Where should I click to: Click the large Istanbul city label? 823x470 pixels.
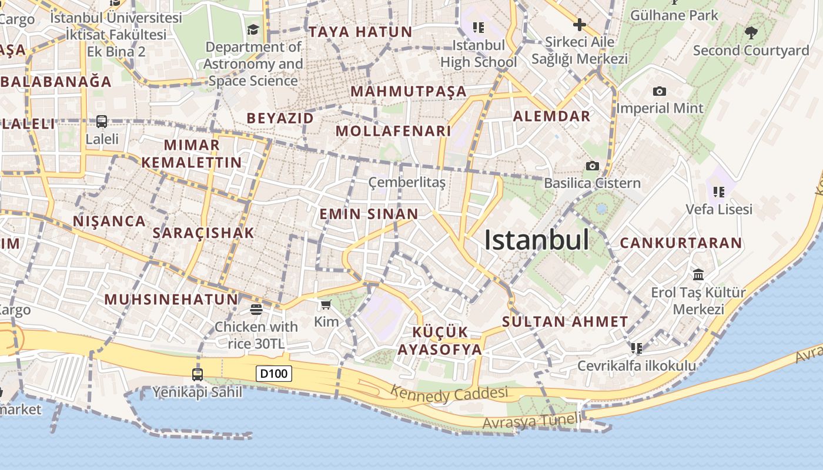(536, 240)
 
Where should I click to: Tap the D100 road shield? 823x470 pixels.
(274, 373)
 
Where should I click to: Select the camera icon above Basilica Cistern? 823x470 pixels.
(593, 166)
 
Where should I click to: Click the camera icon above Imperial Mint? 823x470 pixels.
(660, 91)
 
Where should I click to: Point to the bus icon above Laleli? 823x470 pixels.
(102, 122)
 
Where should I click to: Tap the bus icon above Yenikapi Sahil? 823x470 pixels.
(198, 374)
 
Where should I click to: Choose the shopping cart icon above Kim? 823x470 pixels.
(326, 304)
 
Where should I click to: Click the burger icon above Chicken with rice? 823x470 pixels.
(256, 309)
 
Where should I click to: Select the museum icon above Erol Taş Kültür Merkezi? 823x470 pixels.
(698, 274)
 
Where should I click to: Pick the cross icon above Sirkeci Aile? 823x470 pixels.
(579, 25)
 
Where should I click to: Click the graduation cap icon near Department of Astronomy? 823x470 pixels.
(253, 29)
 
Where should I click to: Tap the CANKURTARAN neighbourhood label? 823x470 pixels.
(681, 243)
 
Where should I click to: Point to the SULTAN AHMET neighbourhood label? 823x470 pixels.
(565, 322)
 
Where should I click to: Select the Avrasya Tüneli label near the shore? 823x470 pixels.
(531, 421)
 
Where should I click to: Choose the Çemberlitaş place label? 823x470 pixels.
(407, 183)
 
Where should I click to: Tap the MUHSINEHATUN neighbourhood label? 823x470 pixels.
(171, 299)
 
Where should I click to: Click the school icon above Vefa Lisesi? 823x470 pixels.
(718, 192)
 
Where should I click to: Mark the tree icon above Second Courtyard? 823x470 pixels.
(751, 33)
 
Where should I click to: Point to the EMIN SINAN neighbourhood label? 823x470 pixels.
(369, 214)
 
